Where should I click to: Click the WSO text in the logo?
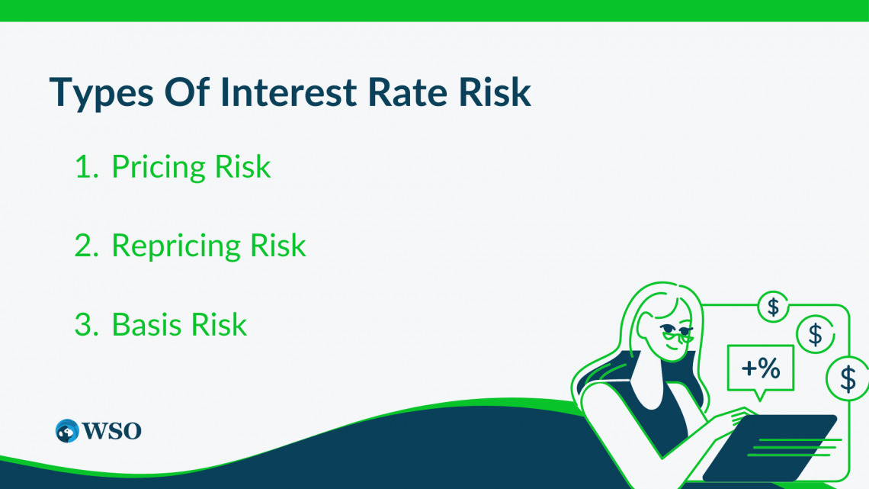[x=113, y=431]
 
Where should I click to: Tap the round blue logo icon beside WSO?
[x=68, y=430]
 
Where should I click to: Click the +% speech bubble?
[x=760, y=370]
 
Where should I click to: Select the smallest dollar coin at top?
[x=773, y=307]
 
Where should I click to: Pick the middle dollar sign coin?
[x=815, y=334]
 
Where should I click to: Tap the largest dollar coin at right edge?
[x=848, y=378]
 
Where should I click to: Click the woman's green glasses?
[x=675, y=333]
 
